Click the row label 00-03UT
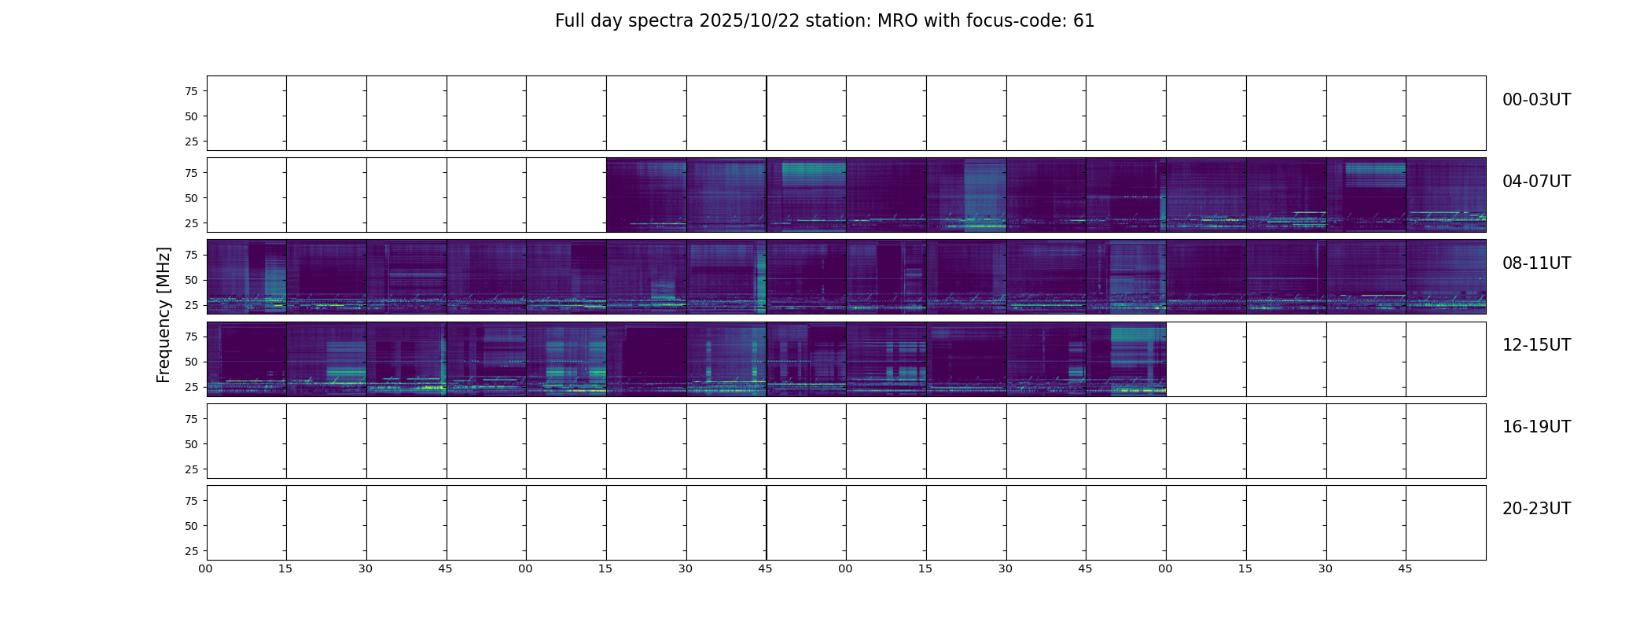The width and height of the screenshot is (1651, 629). pos(1536,100)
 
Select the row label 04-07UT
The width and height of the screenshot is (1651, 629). pos(1536,182)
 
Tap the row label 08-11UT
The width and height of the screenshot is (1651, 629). pos(1536,263)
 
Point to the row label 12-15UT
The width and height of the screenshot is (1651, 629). pos(1536,345)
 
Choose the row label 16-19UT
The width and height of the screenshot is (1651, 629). pos(1536,427)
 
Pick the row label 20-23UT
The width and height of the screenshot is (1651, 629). pos(1536,509)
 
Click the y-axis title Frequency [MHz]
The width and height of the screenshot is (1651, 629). pos(164,314)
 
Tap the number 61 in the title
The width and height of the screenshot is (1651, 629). pos(1083,21)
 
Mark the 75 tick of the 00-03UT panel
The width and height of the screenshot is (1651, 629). pos(191,91)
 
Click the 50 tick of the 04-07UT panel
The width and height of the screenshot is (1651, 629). pos(191,198)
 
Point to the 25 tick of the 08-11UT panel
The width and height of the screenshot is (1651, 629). pos(191,305)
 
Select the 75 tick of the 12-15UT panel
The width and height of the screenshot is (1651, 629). pos(191,337)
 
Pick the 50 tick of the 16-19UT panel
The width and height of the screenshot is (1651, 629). pos(191,444)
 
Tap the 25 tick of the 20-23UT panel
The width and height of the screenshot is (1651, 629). pos(191,551)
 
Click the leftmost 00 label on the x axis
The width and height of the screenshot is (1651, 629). pos(206,568)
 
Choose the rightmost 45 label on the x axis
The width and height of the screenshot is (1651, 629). pos(1405,568)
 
